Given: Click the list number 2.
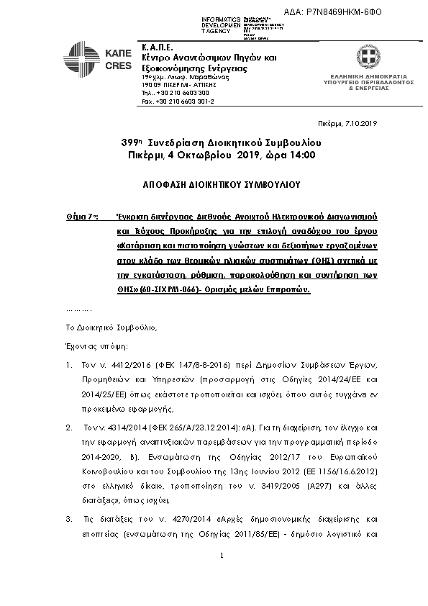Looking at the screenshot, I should (68, 428).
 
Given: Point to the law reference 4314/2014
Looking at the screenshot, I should (119, 428).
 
